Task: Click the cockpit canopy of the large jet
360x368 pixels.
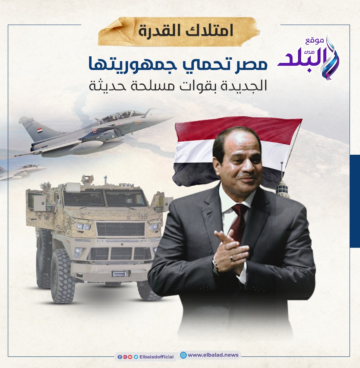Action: point(122,115)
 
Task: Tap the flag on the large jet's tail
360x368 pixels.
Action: point(40,130)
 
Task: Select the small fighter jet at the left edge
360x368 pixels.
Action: point(22,172)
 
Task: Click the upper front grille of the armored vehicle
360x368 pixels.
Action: point(120,229)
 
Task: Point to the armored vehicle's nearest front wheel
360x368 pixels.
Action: point(63,276)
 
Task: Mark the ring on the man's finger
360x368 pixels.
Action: point(232,258)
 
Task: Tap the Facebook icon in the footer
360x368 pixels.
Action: point(119,357)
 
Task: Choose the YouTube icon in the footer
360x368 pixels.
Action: point(130,357)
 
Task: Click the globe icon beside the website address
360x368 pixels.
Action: point(183,355)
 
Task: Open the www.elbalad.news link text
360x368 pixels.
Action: point(213,355)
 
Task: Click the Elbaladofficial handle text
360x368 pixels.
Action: point(156,357)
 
